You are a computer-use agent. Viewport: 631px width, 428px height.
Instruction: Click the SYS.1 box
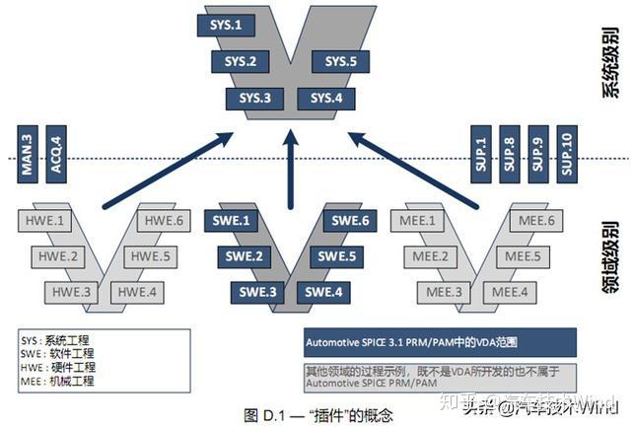226,24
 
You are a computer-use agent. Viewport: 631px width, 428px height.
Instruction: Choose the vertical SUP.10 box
565,152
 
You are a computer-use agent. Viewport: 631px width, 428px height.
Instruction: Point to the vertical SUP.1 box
480,152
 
